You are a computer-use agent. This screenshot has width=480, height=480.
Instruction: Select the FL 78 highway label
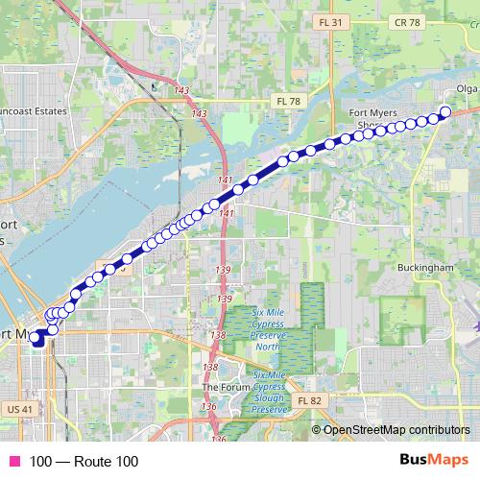[x=287, y=100]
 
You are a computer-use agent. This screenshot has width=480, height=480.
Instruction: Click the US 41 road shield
[x=20, y=409]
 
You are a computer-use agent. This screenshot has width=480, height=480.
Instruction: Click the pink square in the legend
[x=13, y=462]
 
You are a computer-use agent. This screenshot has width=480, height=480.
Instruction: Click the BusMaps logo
[x=433, y=461]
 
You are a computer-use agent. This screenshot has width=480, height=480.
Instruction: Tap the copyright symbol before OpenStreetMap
[x=318, y=429]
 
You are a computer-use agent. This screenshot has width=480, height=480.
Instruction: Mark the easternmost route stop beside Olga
[x=444, y=111]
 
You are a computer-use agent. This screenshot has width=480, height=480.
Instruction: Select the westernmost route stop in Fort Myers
[x=35, y=337]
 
